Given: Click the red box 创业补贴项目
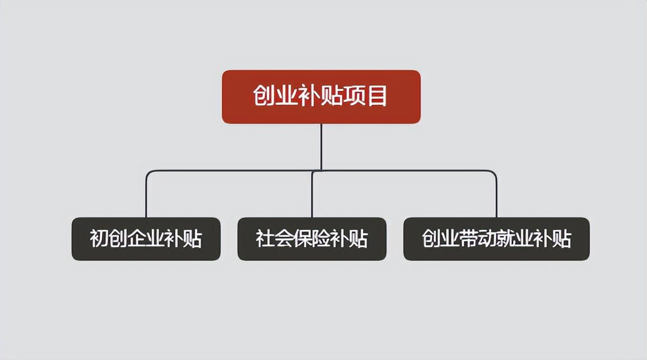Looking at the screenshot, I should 321,96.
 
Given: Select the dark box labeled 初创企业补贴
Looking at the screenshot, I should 146,239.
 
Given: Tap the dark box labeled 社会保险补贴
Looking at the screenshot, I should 312,239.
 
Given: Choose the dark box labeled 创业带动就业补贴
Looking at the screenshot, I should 496,239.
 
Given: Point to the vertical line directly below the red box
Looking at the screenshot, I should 321,145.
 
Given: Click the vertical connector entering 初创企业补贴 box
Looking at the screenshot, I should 146,197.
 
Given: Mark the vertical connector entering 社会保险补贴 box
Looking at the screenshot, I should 312,197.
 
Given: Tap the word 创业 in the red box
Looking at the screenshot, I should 275,96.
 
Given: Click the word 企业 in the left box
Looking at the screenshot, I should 146,239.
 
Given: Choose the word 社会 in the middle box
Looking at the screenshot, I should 274,239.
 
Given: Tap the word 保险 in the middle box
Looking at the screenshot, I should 312,239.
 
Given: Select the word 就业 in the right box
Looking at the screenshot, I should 515,239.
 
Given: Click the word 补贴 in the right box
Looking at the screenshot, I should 553,239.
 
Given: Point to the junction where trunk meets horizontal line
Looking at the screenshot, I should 321,170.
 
